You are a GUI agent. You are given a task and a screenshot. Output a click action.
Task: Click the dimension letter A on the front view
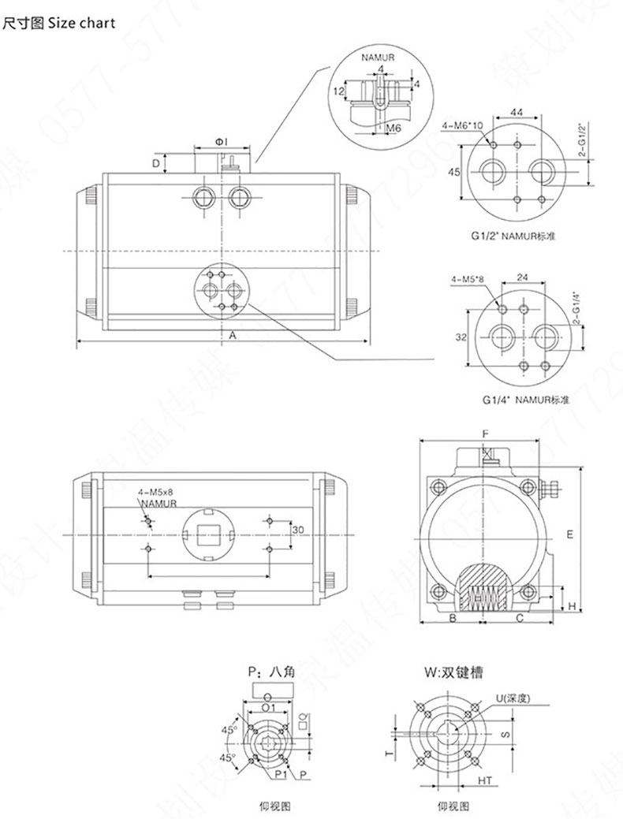(233, 335)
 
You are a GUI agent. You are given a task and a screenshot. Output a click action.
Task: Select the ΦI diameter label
(222, 141)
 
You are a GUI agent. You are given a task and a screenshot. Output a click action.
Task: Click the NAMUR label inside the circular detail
(379, 58)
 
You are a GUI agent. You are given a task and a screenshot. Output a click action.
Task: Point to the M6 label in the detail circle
(393, 126)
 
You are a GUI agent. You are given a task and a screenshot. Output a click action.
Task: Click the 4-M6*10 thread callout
(462, 126)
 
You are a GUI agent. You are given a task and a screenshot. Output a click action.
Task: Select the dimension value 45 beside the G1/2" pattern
(453, 172)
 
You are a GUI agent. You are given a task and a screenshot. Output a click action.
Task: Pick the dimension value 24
(521, 277)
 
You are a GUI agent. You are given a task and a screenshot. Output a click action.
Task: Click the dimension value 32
(461, 337)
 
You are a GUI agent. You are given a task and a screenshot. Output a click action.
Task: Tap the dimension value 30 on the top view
(298, 531)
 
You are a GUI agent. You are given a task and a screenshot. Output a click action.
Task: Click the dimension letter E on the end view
(568, 534)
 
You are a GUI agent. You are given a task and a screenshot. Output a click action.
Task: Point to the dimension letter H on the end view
(572, 605)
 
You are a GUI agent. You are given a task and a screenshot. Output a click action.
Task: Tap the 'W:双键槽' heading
(453, 673)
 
